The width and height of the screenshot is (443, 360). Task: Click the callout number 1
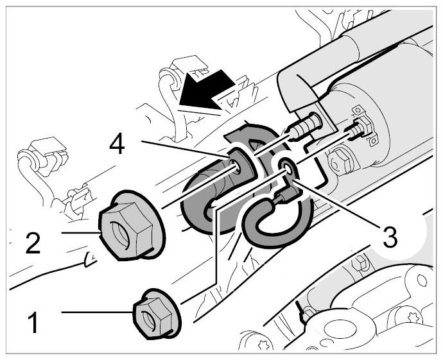(x=33, y=322)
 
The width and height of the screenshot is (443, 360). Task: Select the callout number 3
(x=389, y=237)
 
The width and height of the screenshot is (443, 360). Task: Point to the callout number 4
(x=117, y=144)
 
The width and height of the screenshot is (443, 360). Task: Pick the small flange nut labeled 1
(x=156, y=314)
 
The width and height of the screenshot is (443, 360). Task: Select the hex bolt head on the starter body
(x=340, y=162)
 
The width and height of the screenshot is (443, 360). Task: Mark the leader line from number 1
(x=98, y=312)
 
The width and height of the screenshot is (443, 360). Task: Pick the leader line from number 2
(x=80, y=232)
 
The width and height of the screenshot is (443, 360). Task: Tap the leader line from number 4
(x=184, y=149)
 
